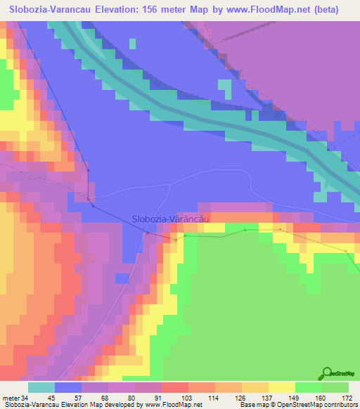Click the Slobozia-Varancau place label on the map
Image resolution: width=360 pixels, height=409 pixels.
(x=172, y=219)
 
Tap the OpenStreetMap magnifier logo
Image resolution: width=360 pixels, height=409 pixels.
(x=328, y=372)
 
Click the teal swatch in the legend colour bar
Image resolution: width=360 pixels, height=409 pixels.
(x=41, y=387)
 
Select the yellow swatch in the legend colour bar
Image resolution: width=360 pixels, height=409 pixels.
(x=282, y=387)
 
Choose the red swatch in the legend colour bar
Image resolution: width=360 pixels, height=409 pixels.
(x=175, y=387)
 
